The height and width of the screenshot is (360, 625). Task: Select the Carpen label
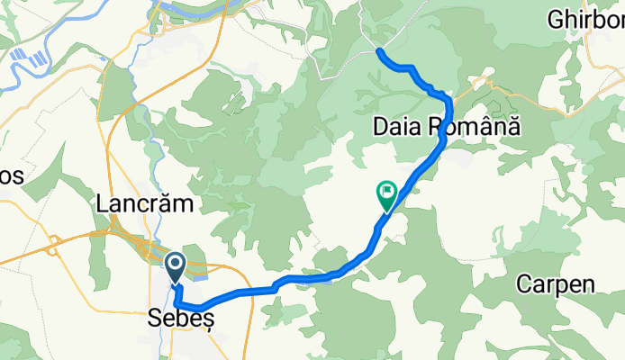click(555, 285)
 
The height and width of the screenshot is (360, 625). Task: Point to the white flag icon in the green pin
click(388, 190)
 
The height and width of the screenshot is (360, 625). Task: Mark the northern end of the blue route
click(379, 52)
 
